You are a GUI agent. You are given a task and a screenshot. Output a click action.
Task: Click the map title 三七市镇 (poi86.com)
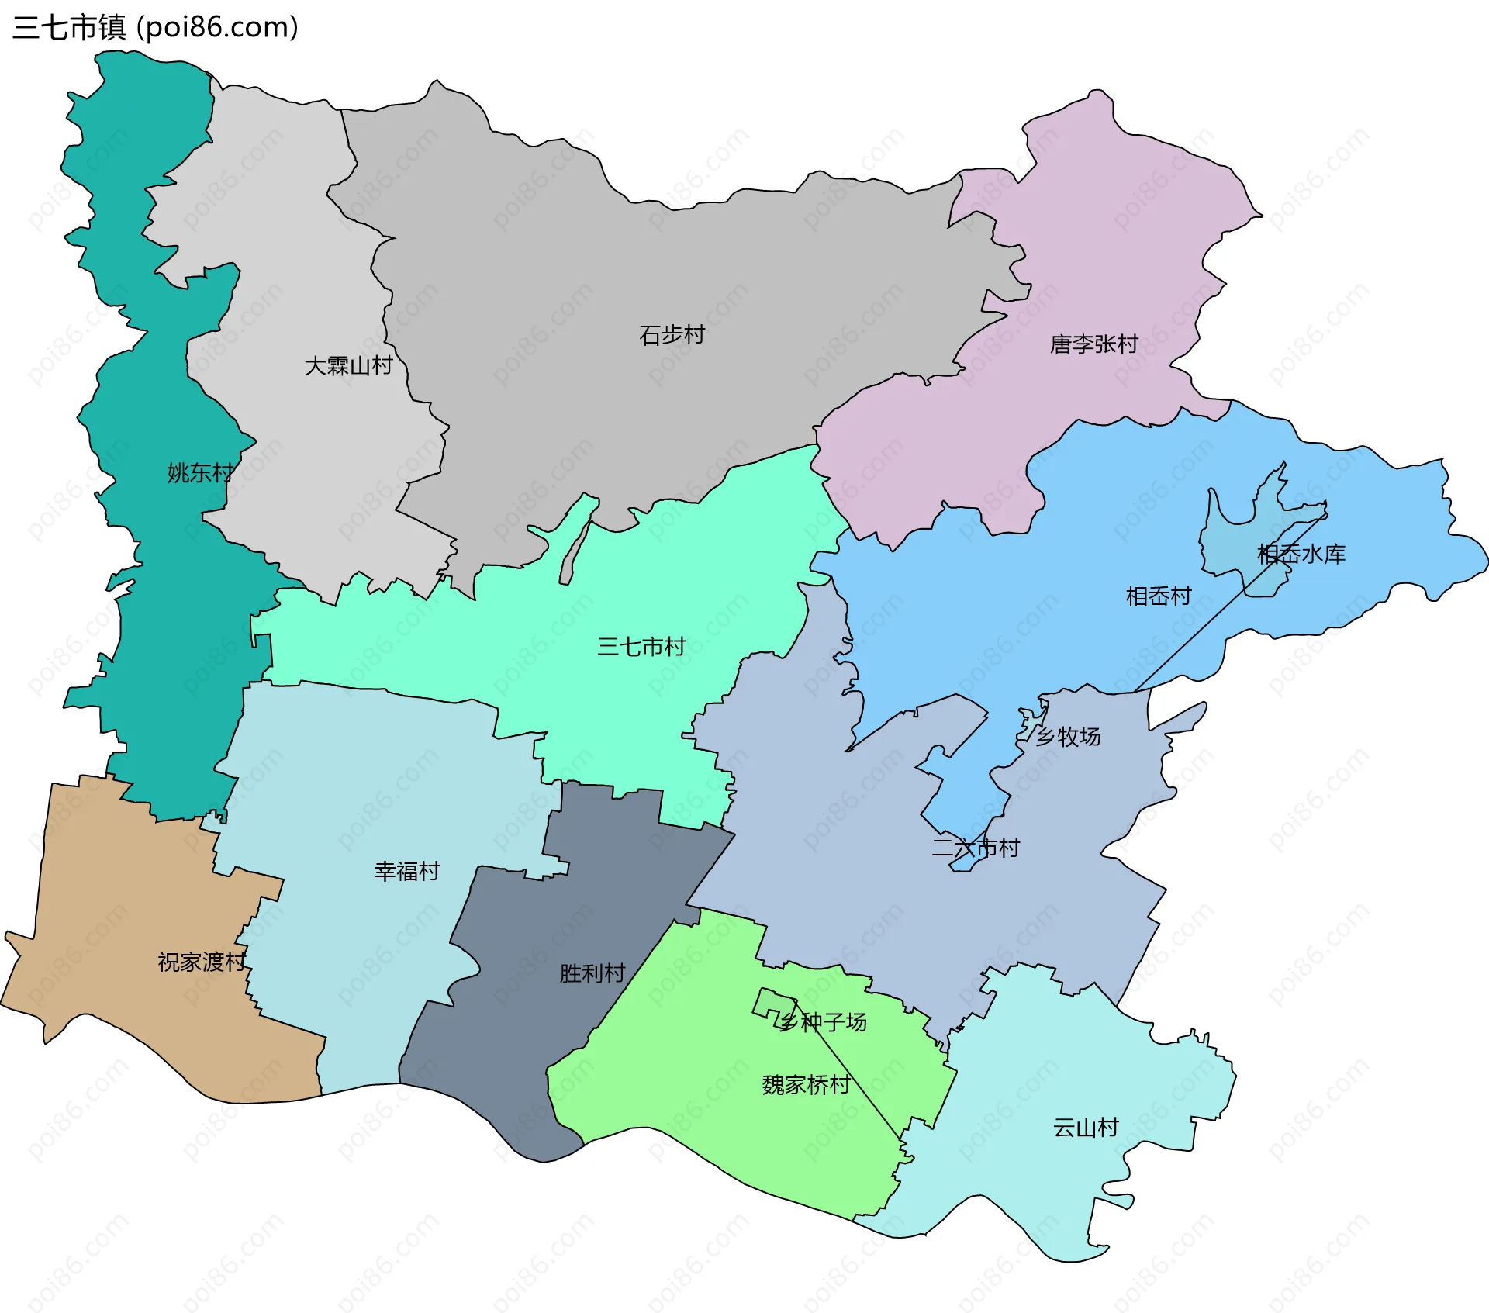[155, 28]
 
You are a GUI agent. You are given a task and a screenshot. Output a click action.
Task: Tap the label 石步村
[672, 335]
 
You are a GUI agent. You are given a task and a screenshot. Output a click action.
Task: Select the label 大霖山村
[348, 365]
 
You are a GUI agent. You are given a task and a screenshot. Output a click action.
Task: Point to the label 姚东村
[200, 472]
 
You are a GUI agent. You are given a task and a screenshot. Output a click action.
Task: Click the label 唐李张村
[1093, 344]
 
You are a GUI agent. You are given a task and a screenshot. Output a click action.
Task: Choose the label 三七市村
[641, 646]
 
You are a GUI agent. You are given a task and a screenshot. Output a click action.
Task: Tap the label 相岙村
[1158, 596]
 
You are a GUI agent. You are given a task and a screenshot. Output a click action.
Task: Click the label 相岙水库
[1301, 554]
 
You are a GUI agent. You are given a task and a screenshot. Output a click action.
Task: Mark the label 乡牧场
[1068, 736]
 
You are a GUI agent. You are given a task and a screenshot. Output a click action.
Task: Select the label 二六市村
[975, 848]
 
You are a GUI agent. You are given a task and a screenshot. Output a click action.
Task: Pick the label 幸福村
[406, 871]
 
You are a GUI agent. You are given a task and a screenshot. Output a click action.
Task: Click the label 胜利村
[592, 973]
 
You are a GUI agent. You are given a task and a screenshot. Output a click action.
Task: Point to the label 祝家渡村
[202, 962]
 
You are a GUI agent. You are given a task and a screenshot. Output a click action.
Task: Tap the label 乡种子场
[823, 1022]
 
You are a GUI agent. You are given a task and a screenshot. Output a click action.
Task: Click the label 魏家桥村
[806, 1084]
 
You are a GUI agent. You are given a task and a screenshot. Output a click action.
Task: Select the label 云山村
[1085, 1127]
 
